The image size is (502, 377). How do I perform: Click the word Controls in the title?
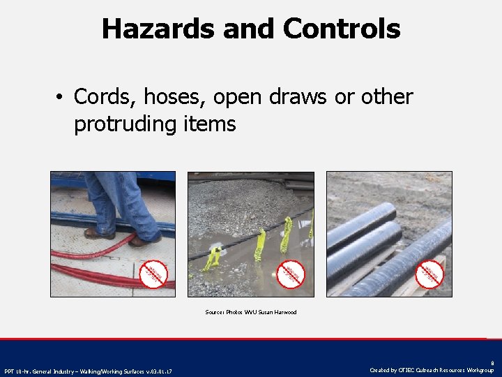(342, 29)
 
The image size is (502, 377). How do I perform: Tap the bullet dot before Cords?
(61, 98)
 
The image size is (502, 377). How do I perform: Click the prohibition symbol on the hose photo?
(154, 274)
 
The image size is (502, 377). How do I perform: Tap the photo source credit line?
(251, 312)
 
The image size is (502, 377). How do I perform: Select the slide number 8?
(492, 363)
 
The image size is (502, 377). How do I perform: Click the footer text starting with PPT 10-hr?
(88, 371)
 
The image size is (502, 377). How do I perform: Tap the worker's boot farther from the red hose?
(98, 233)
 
